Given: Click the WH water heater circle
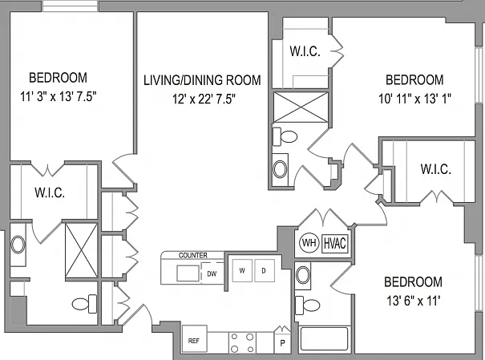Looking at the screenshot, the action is pos(309,243).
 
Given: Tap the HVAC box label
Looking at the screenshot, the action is pos(334,244).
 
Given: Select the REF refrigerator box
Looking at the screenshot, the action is pos(194,338).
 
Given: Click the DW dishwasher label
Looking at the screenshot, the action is pos(212,273).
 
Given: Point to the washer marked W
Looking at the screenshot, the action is pos(242,271).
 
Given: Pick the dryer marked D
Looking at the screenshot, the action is pos(265,271).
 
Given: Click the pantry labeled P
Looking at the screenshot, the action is pos(282,342).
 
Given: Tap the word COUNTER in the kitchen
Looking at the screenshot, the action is pos(193,256).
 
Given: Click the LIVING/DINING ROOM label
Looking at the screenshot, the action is pos(202,80).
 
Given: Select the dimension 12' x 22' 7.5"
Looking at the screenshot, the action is pos(204,99).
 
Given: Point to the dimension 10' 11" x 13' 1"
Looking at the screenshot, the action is pos(414,99).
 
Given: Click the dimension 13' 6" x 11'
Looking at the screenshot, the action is pos(413,301).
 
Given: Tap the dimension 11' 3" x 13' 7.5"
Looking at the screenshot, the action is pos(59,97).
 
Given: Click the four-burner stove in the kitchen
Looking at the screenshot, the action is pos(242,342).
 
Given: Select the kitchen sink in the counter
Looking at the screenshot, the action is pos(188,273).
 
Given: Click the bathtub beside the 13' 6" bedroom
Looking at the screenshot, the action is pos(324,338).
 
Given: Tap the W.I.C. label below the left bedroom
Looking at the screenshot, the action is pos(50,192).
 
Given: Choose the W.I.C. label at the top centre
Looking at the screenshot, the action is pos(305,51).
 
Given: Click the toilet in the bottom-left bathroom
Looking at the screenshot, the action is pos(84,304).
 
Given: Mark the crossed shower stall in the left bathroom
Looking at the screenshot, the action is pos(82,250).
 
